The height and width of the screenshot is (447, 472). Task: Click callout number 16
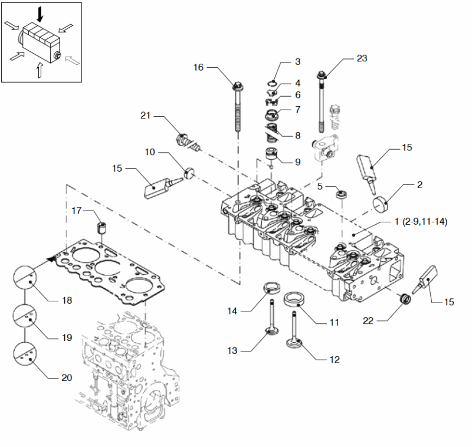(x=198, y=68)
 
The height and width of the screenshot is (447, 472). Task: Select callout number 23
(x=362, y=58)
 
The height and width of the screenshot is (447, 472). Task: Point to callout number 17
(x=77, y=211)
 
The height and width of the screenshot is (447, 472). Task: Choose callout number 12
(x=335, y=359)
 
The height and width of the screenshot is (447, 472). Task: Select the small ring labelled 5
(x=340, y=193)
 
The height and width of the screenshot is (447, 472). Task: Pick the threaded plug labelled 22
(x=405, y=299)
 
